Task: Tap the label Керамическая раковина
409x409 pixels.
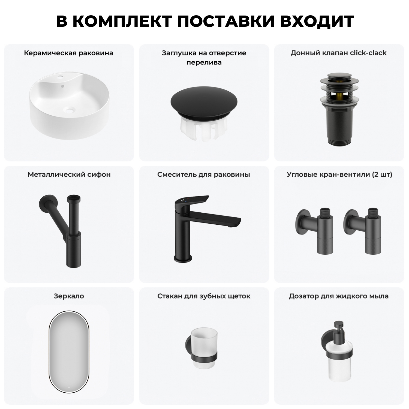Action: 68,53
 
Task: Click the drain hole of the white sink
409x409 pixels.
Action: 69,110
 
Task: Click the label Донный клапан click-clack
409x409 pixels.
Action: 338,53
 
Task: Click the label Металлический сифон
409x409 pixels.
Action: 69,175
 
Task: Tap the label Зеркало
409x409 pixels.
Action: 69,296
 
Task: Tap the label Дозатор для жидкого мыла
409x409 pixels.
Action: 338,296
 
